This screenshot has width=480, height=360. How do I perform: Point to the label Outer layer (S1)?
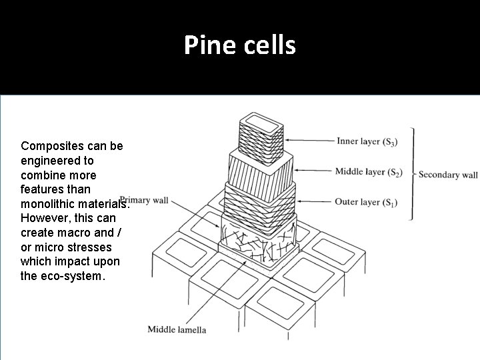366,201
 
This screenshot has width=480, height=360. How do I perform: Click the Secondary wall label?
448,175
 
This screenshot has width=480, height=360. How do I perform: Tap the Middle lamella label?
177,329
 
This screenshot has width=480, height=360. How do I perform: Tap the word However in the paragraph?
45,219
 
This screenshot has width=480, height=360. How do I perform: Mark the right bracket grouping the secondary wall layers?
412,173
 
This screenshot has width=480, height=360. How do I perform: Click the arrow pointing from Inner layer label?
311,141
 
